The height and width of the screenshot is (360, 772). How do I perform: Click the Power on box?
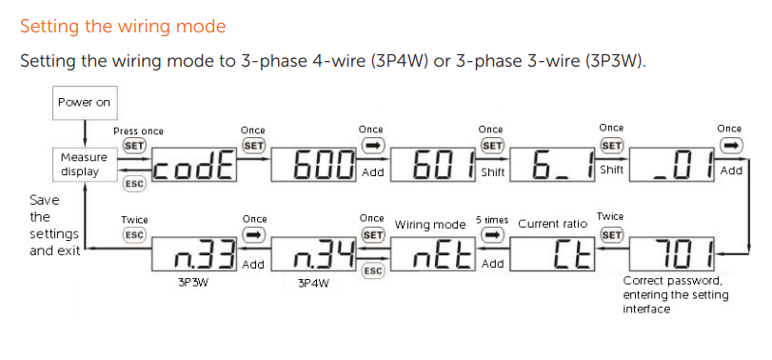(x=84, y=103)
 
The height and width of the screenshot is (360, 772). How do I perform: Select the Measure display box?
(x=84, y=165)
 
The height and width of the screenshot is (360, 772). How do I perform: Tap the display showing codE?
(x=195, y=165)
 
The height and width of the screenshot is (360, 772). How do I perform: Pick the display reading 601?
(x=434, y=165)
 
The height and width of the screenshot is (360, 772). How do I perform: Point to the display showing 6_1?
(x=552, y=165)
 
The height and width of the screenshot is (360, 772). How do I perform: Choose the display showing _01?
(x=672, y=165)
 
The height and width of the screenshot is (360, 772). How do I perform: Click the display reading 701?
(x=672, y=253)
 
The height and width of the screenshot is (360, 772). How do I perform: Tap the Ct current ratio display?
(x=552, y=253)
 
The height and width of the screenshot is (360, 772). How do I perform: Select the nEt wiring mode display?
(x=434, y=253)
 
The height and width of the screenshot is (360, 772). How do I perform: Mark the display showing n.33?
(x=195, y=253)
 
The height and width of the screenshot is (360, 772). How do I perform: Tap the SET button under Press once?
(x=134, y=147)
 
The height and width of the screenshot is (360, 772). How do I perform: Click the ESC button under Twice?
(x=134, y=235)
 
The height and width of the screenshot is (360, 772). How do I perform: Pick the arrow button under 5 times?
(x=491, y=235)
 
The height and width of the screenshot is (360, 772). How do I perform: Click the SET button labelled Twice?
(x=611, y=235)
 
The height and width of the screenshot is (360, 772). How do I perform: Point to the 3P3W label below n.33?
(x=192, y=284)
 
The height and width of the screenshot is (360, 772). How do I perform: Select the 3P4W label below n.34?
(x=313, y=284)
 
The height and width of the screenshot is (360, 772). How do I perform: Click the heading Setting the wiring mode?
(x=123, y=26)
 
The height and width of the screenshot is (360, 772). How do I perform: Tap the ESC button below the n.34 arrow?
(x=372, y=271)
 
